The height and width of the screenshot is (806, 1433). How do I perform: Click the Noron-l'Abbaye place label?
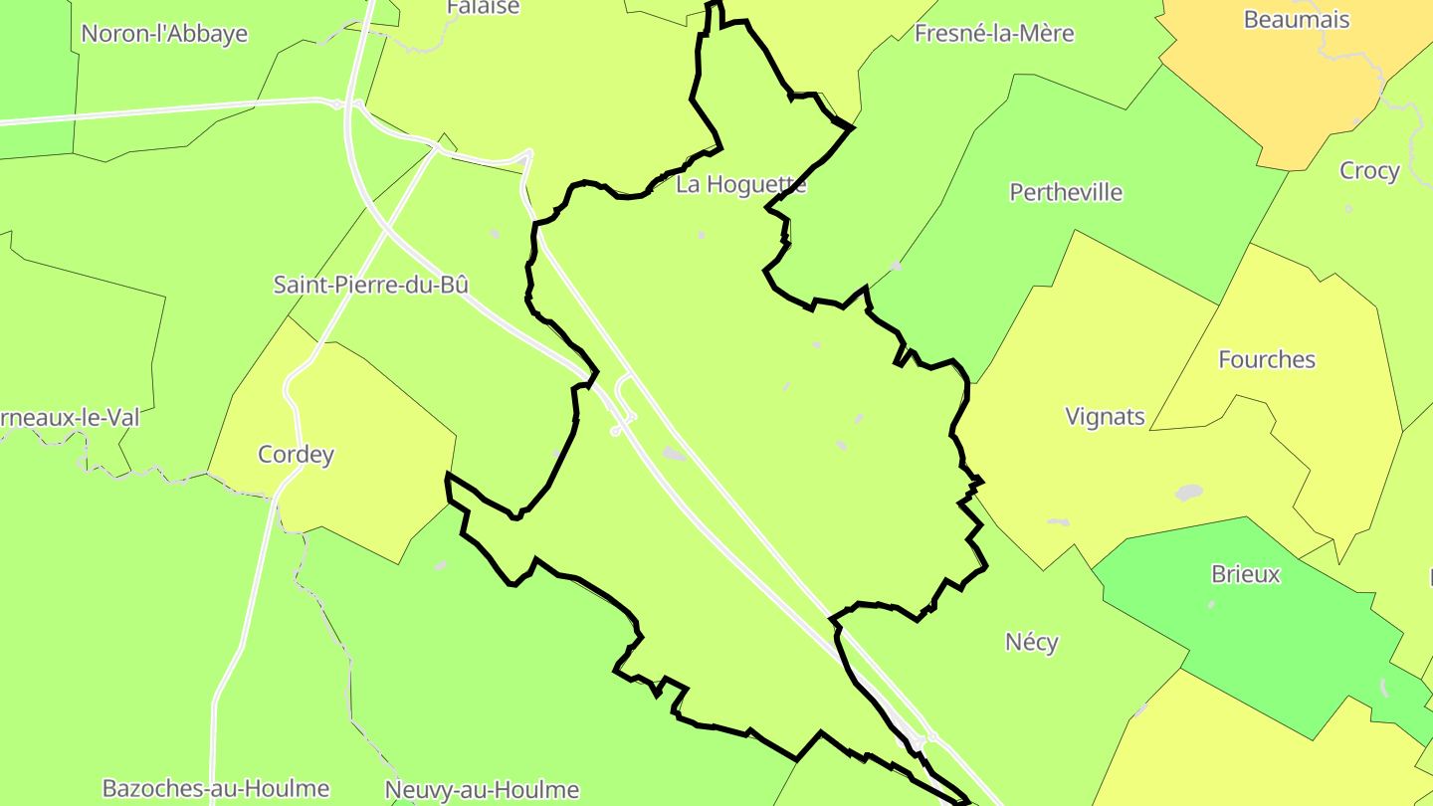(x=164, y=33)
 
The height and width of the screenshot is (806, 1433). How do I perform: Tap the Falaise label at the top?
(x=484, y=7)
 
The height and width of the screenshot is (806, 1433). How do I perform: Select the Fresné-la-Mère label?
(x=994, y=33)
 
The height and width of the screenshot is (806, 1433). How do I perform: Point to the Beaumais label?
(x=1297, y=19)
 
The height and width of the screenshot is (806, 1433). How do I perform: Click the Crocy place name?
(x=1369, y=170)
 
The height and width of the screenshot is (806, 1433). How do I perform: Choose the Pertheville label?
(x=1066, y=192)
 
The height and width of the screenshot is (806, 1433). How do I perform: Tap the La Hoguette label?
(x=740, y=184)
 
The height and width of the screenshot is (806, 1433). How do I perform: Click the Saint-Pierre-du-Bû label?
(x=370, y=285)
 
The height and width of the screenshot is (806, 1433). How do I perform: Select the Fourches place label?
(x=1267, y=359)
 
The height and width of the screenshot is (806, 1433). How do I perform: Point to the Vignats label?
(x=1105, y=416)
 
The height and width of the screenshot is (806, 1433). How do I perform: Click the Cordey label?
(x=296, y=455)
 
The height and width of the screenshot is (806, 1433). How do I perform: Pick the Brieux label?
(x=1245, y=574)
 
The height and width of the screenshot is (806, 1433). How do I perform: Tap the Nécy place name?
(x=1031, y=642)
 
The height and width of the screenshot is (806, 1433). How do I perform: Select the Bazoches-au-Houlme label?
(x=216, y=789)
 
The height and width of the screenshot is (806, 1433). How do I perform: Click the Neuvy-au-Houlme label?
(x=482, y=790)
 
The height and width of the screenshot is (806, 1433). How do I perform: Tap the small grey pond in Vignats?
(x=1188, y=493)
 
